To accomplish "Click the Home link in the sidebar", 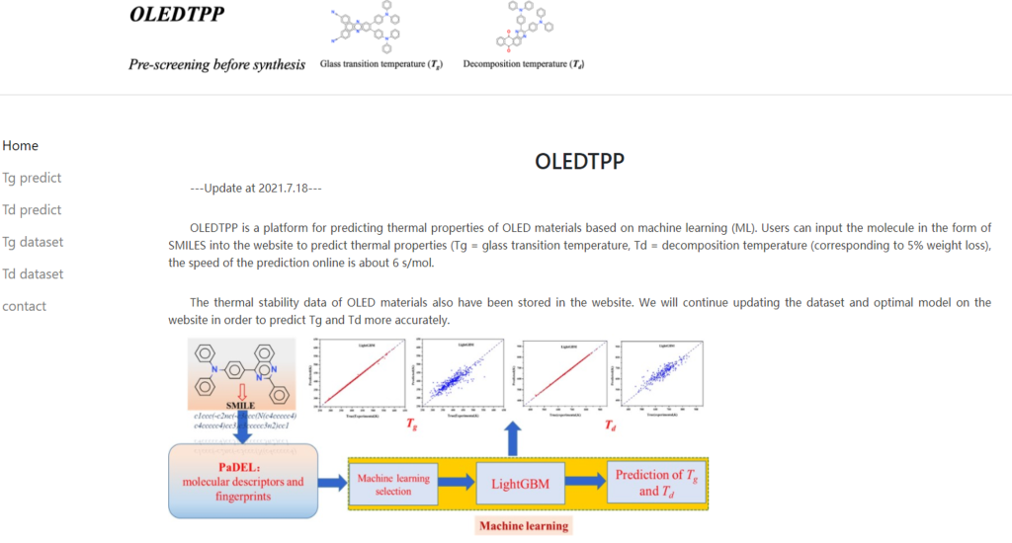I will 21,146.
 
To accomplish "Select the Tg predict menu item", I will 32,178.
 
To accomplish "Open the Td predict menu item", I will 32,210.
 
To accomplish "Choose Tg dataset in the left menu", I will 33,242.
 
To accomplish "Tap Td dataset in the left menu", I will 33,274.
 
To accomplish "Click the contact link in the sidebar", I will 25,306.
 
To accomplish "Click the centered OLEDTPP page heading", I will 579,161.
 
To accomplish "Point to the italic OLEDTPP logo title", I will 178,15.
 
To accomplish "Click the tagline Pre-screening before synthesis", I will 217,65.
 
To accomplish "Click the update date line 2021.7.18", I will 256,188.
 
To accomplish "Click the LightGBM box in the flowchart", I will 513,483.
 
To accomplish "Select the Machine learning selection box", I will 393,484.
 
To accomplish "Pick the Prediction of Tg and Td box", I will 656,483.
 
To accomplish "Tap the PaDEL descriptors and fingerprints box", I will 243,482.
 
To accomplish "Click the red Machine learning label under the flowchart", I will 524,525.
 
